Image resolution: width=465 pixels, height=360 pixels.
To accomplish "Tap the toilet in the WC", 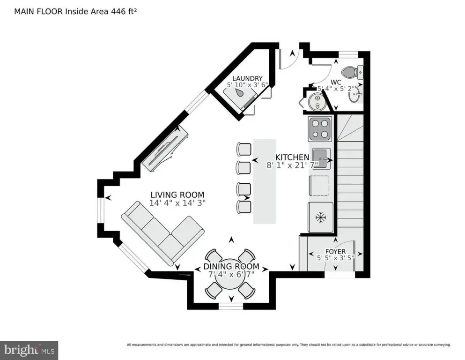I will tap(351, 73).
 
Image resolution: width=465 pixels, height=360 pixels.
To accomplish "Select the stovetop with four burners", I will tap(320, 129).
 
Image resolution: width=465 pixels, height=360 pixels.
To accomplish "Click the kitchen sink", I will tap(321, 155).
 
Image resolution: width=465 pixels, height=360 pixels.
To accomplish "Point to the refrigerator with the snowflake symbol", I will tap(321, 217).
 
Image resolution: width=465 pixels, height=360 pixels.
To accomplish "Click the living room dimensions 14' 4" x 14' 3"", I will tap(177, 203).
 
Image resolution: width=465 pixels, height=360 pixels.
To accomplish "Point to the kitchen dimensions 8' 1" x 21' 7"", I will tap(292, 165).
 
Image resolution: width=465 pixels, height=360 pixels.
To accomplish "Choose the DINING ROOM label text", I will tap(231, 267).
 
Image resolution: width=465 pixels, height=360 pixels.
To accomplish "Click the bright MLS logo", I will tap(29, 350).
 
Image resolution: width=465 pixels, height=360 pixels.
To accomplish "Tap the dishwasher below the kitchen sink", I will tap(320, 185).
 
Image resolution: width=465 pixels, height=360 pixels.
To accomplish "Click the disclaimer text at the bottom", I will tap(288, 345).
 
